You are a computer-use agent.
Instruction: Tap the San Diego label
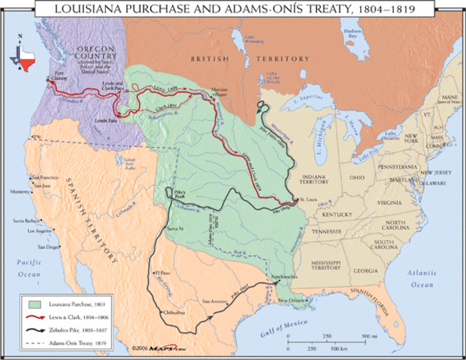click(x=48, y=247)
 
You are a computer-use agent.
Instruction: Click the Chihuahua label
click(x=169, y=310)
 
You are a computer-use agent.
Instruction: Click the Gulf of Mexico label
click(x=261, y=326)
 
